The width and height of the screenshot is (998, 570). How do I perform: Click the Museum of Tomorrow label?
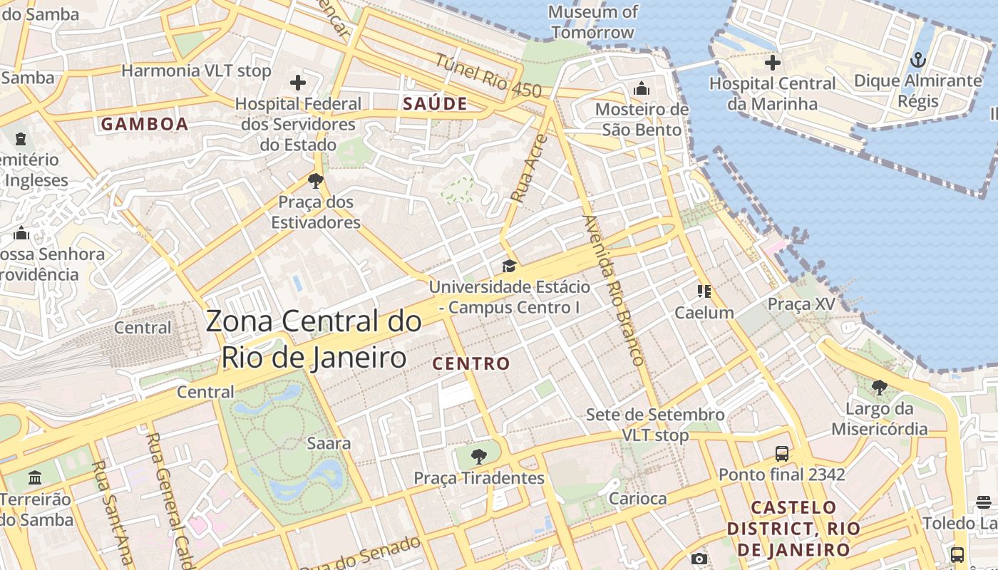click(x=592, y=22)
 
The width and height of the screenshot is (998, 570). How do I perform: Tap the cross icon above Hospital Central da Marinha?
click(x=773, y=63)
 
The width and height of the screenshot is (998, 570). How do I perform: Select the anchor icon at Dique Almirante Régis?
click(x=918, y=60)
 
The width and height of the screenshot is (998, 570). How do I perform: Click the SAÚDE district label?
click(x=435, y=104)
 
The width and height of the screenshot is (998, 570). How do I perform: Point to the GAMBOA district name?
click(x=145, y=124)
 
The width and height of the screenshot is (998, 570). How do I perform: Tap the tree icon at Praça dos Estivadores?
click(x=316, y=180)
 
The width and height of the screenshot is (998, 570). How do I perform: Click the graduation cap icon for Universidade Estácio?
click(x=509, y=266)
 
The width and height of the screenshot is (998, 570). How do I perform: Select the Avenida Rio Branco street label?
click(x=614, y=290)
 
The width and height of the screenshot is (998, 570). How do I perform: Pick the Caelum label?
click(x=704, y=313)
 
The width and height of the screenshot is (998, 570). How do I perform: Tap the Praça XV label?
click(x=801, y=304)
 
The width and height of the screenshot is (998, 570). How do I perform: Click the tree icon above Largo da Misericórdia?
click(x=880, y=387)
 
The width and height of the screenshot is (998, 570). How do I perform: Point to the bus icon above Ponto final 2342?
click(x=782, y=453)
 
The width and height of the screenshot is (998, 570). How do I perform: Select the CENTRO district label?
click(x=471, y=363)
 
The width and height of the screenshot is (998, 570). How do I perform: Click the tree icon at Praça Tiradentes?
click(x=479, y=456)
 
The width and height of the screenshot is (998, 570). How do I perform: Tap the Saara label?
click(x=329, y=443)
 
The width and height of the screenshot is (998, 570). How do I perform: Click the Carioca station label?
click(x=638, y=498)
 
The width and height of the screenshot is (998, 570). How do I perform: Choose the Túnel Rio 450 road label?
click(x=489, y=76)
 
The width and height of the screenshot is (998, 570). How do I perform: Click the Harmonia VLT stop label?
click(x=196, y=71)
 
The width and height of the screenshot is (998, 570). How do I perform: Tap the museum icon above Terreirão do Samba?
click(x=35, y=477)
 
